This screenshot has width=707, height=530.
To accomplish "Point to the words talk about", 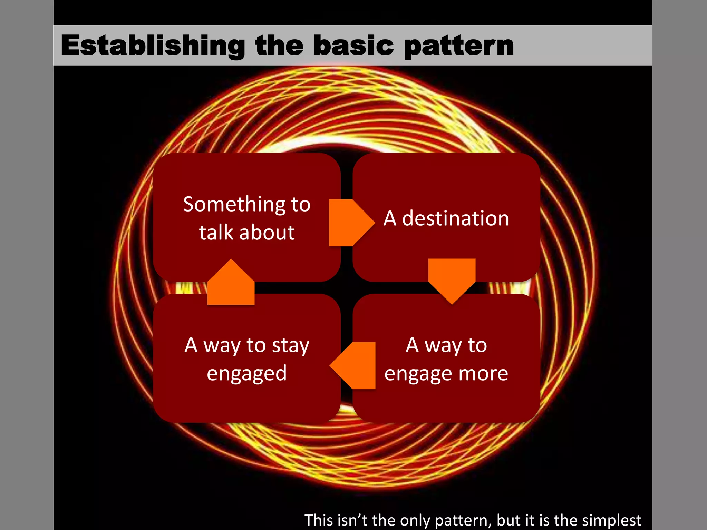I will [x=247, y=232].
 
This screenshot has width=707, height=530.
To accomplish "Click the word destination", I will [x=456, y=219].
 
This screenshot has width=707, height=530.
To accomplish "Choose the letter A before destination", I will [x=390, y=219].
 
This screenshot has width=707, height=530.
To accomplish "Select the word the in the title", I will [x=280, y=45].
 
